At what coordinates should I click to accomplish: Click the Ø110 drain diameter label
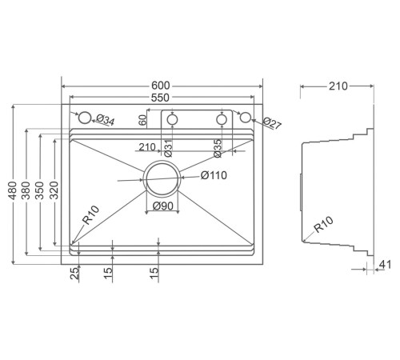point(214,175)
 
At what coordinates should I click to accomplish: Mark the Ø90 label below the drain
point(163,207)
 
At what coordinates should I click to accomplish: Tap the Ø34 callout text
point(106,120)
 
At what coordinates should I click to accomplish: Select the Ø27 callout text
point(272,123)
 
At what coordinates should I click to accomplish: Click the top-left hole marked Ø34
point(84,118)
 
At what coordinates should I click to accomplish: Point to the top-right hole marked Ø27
point(246,118)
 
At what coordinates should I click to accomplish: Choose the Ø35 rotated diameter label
point(218,147)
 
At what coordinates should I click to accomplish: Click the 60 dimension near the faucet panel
point(142,120)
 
